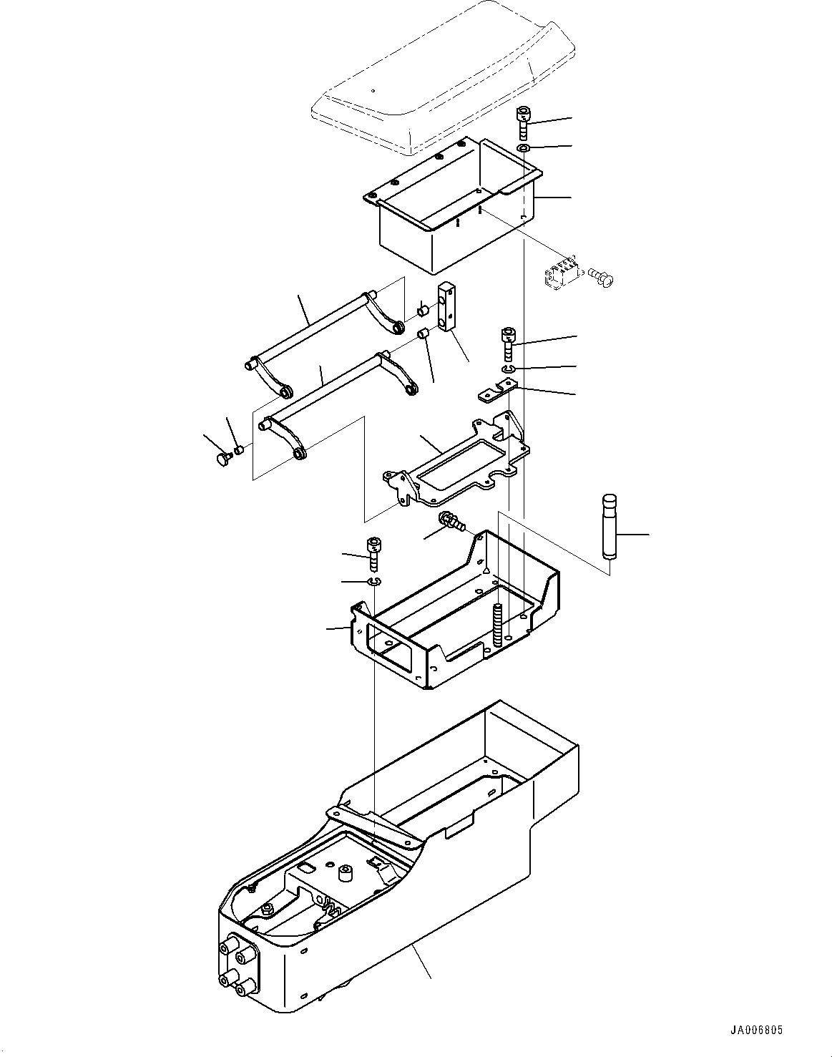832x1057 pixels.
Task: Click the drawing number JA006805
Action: click(x=756, y=1031)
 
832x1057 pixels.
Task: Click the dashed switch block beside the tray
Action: click(x=562, y=276)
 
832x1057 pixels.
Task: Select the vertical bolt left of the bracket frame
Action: click(x=373, y=552)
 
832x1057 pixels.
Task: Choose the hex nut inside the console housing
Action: click(x=266, y=910)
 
